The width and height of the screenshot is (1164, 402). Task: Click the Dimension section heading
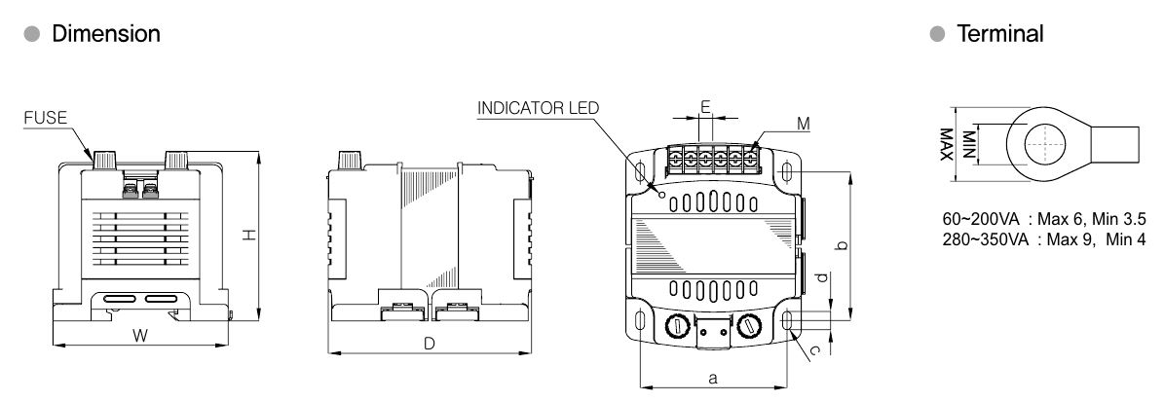click(x=105, y=34)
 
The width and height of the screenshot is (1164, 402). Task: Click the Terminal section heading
click(x=1000, y=34)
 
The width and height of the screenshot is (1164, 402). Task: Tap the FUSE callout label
click(x=46, y=118)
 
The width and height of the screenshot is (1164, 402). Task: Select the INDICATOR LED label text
click(x=539, y=107)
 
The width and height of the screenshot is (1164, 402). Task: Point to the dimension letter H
click(x=249, y=235)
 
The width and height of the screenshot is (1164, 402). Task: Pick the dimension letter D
click(x=429, y=344)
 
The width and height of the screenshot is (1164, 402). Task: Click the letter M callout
click(x=803, y=124)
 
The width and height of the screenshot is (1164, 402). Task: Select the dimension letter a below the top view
click(x=713, y=379)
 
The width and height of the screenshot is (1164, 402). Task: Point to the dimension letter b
click(x=842, y=245)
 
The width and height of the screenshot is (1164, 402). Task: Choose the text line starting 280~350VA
click(x=1034, y=239)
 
